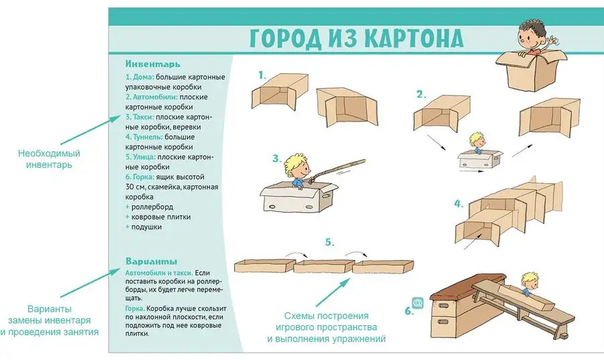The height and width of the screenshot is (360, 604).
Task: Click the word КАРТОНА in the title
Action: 413,38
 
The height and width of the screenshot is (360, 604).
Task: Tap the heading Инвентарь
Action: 152,64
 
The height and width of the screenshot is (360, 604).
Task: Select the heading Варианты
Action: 152,261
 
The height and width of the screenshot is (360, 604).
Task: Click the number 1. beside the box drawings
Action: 262,75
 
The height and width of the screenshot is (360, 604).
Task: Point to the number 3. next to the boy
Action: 277,159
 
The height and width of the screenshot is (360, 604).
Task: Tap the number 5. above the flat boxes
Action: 330,242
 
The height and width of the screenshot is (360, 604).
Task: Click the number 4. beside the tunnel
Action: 458,204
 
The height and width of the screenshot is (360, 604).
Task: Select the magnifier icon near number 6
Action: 417,303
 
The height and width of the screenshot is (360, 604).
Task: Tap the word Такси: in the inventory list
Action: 144,117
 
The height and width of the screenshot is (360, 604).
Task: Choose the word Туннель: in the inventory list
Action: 148,137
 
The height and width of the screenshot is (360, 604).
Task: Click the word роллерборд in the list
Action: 152,207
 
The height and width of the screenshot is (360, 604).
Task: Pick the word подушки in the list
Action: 146,227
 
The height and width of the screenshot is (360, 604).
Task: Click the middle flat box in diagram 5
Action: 323,266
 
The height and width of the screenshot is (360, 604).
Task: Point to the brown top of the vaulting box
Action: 468,286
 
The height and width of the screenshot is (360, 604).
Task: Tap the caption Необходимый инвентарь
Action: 49,159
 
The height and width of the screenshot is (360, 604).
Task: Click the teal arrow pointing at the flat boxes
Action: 333,292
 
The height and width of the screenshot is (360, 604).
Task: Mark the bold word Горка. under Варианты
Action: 135,309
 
